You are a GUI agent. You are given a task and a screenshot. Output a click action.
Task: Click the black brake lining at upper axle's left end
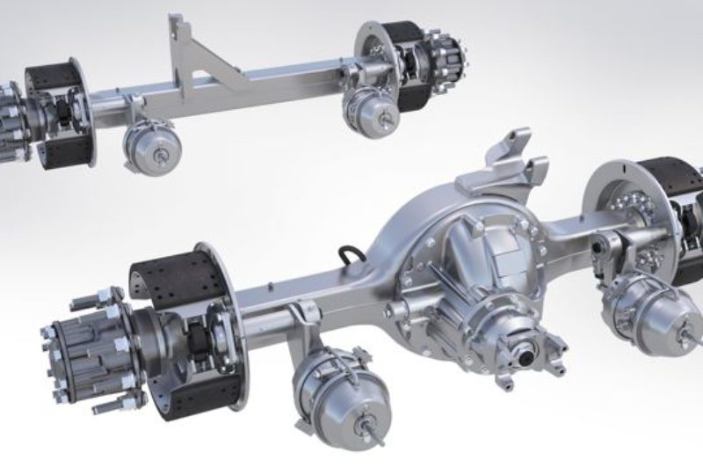tap(53, 114)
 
